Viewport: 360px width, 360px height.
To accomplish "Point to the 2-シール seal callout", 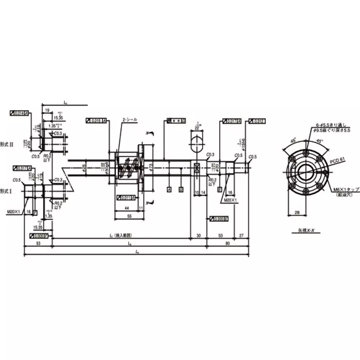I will [x=130, y=120].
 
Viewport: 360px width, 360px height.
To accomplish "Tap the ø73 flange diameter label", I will [x=150, y=167].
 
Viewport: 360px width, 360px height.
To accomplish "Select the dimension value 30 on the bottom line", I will [x=198, y=235].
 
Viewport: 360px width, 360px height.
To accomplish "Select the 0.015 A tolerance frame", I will [x=96, y=121].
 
